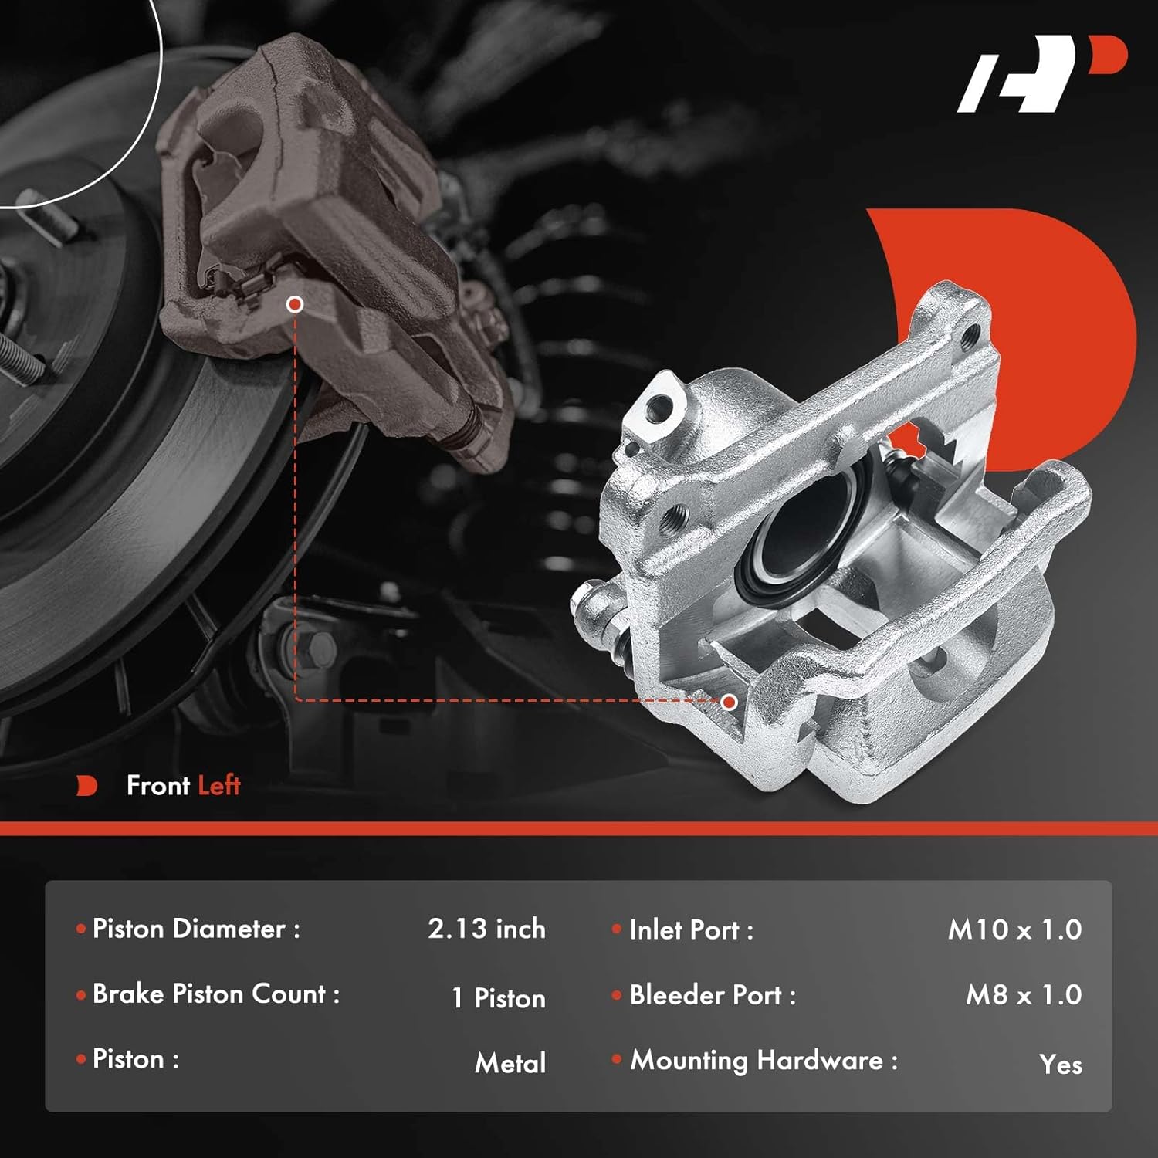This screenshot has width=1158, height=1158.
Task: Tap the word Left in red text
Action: (x=219, y=786)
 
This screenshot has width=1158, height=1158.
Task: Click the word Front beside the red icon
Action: (x=158, y=786)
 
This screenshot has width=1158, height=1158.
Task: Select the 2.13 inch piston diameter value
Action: (x=486, y=929)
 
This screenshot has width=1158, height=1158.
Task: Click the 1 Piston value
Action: (x=498, y=997)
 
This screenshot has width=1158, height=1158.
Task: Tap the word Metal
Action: (x=510, y=1063)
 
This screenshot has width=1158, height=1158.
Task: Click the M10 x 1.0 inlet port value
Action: (x=1014, y=929)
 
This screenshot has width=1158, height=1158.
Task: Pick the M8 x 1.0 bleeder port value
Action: (x=1023, y=995)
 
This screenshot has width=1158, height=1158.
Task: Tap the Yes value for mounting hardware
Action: (x=1060, y=1065)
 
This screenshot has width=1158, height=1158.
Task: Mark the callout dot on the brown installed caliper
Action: (x=294, y=304)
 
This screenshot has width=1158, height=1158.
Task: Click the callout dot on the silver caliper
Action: (x=729, y=702)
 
